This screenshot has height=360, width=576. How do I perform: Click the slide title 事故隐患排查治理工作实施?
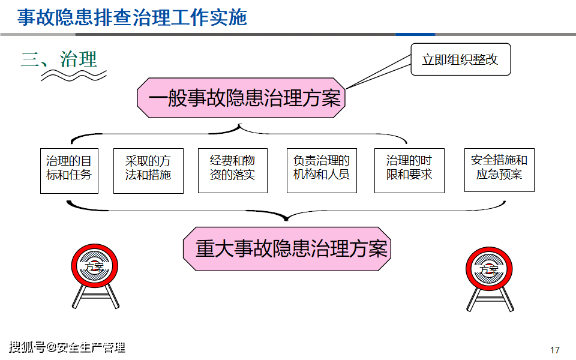click(x=132, y=17)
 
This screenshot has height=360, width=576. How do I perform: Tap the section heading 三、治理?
click(x=59, y=59)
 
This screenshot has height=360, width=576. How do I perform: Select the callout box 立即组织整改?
click(x=460, y=59)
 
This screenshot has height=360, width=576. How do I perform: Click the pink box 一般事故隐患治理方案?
click(x=244, y=98)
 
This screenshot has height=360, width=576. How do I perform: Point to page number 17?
click(x=554, y=350)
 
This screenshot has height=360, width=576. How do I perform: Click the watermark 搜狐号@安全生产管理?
click(x=67, y=347)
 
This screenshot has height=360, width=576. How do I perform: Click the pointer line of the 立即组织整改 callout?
click(x=378, y=74)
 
